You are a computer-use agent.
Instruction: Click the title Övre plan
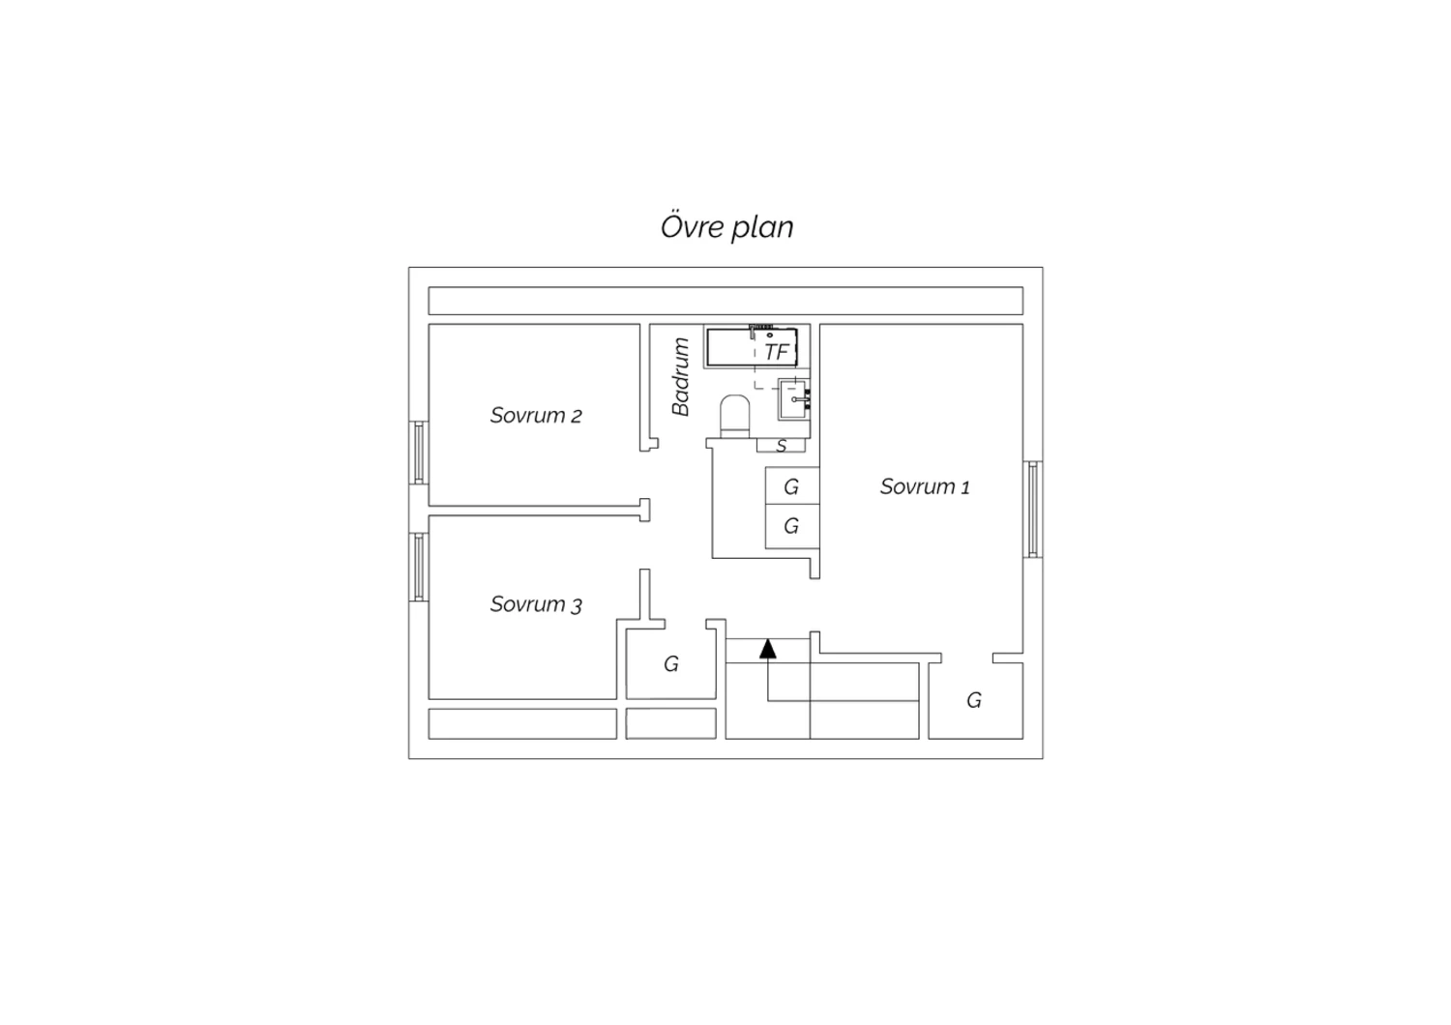[x=726, y=226]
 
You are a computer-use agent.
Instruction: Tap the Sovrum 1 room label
[x=925, y=486]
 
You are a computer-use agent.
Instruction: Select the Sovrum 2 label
[x=536, y=415]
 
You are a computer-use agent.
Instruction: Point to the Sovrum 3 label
[x=536, y=604]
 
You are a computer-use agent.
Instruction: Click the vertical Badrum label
[x=680, y=376]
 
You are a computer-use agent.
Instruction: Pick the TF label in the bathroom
[x=776, y=352]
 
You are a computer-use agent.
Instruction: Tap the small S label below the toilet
[x=782, y=446]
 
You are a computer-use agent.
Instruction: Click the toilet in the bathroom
[x=734, y=417]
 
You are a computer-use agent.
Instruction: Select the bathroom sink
[x=793, y=399]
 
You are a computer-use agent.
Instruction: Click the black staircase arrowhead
[x=768, y=648]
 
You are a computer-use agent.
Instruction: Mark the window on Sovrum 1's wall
[x=1032, y=509]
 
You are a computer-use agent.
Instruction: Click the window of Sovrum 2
[x=419, y=453]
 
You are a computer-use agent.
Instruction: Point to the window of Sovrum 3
[x=419, y=568]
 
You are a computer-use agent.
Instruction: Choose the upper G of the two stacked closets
[x=791, y=487]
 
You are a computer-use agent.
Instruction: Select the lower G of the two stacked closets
[x=791, y=526]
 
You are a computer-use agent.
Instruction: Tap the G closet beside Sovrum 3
[x=671, y=663]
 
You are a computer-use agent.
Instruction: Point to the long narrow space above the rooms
[x=725, y=301]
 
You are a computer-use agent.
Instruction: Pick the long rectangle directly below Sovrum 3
[x=522, y=724]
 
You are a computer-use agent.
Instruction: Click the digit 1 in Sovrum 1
[x=965, y=487]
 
